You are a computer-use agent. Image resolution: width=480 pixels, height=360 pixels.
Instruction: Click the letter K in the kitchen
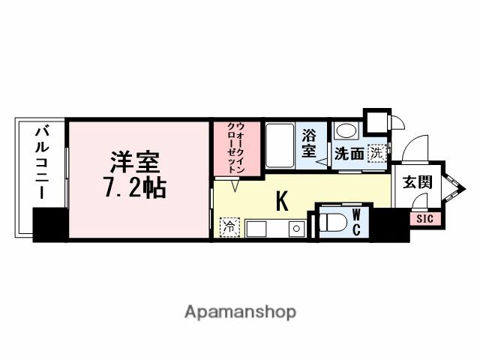282,200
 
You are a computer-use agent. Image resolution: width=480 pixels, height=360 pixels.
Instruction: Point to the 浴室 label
310,143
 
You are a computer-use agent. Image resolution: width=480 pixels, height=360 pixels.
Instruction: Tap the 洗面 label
349,154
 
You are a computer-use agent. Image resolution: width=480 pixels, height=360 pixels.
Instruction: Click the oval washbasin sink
346,130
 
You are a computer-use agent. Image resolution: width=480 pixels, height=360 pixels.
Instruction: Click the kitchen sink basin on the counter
297,228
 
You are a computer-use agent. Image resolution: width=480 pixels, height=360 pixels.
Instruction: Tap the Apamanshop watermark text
240,310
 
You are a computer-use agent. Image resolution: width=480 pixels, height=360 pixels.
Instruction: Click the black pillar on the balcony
50,223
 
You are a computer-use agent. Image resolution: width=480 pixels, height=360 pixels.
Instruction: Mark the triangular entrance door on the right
451,187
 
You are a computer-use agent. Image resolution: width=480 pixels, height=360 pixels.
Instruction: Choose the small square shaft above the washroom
376,121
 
